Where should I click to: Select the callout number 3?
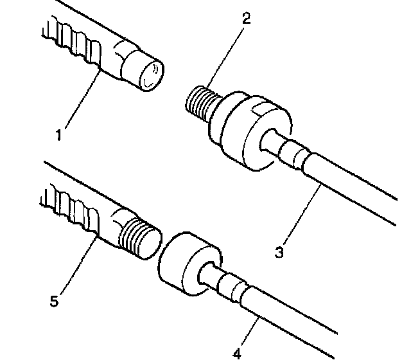[x=279, y=252]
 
